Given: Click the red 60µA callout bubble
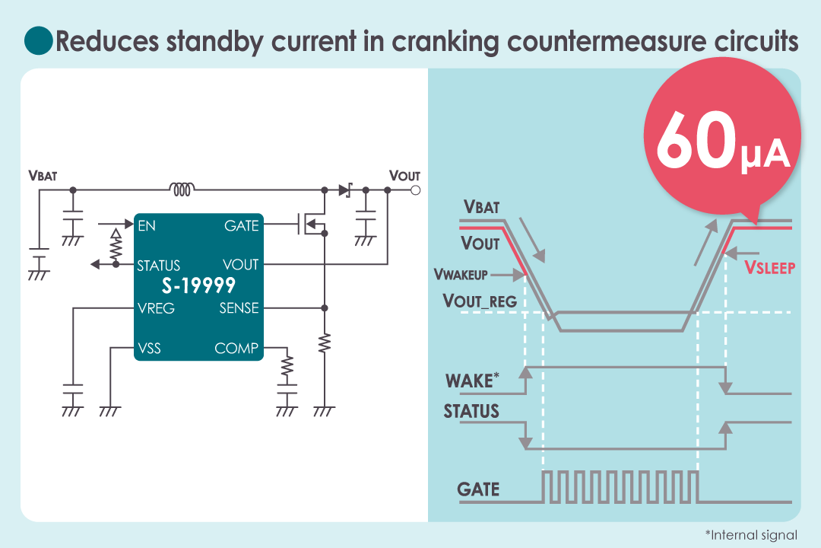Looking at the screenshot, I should pos(721,141).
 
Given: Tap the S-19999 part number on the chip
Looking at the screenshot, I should pos(198,286).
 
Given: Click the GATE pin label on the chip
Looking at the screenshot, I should pos(242,225).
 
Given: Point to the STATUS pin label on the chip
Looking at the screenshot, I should pos(158,266).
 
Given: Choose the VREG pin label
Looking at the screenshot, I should pos(156,308).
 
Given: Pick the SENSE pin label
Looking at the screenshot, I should pos(239,308).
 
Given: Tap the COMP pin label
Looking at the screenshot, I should pos(236,349).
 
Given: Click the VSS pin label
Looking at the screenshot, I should pos(149,349).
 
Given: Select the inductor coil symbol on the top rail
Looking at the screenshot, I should pos(182,187).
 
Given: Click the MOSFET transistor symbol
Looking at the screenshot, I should pos(312,225).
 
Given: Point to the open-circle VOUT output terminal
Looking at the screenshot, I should pos(415,190).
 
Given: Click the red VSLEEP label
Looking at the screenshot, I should pos(769,267).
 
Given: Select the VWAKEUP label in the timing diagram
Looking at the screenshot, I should pos(461,274).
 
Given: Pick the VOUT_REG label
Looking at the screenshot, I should pos(480,301).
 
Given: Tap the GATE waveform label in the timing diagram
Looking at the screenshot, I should pos(478,489).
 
